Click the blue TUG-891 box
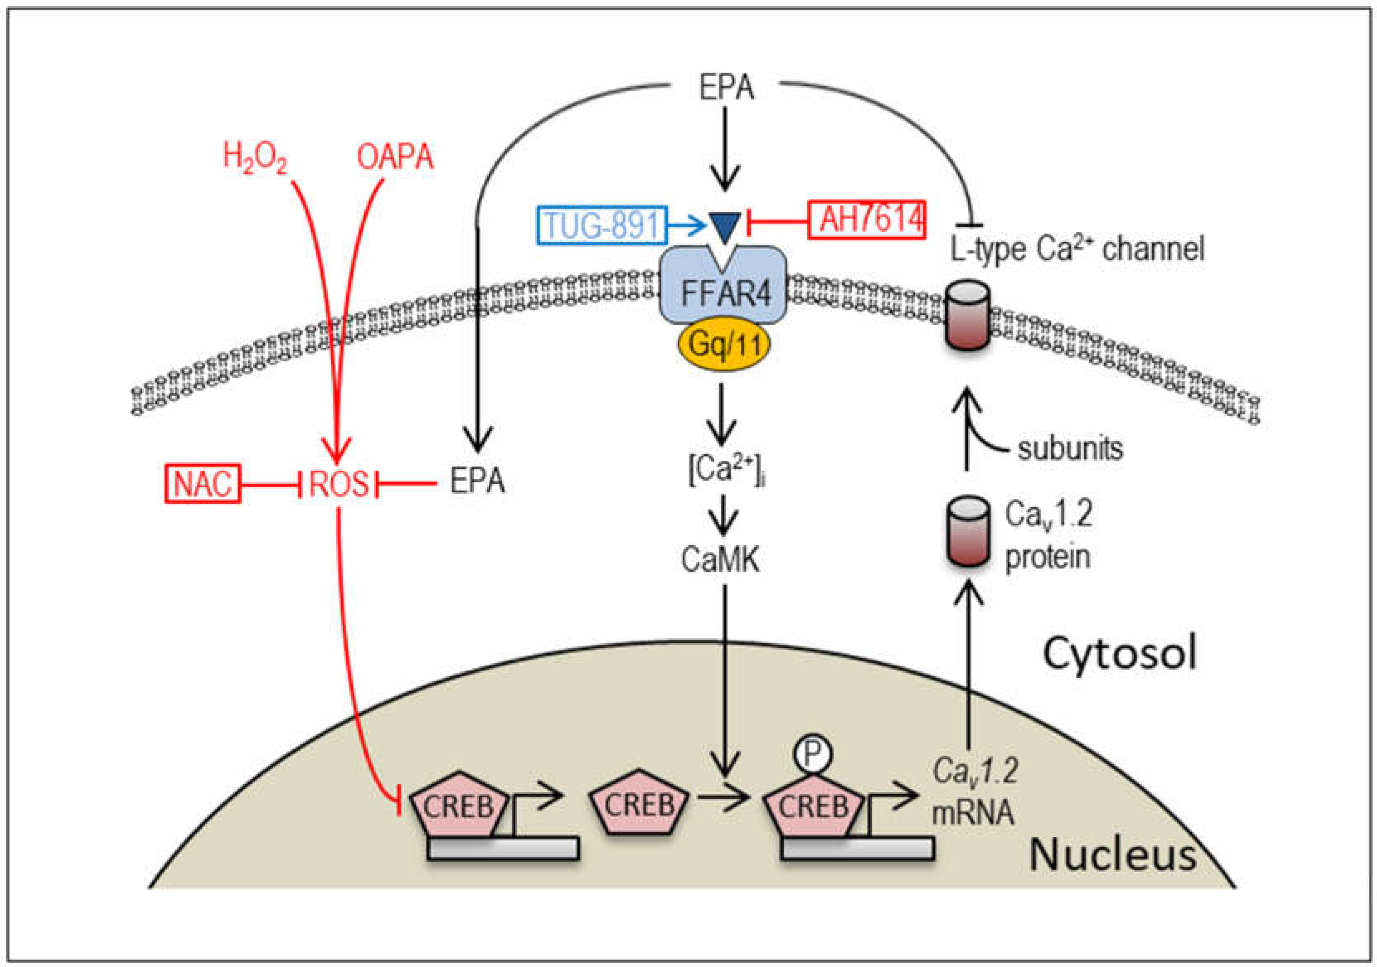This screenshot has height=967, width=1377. (601, 225)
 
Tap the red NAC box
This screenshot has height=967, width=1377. (202, 483)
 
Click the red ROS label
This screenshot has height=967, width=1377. (338, 483)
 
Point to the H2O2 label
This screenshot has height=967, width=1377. (255, 158)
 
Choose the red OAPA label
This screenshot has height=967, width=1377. (395, 157)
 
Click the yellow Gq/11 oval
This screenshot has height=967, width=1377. (724, 345)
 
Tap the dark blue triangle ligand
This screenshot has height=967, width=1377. (725, 227)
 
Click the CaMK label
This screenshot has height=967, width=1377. (720, 560)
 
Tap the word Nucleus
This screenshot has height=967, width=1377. (1113, 854)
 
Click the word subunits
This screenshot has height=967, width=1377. (1070, 449)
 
